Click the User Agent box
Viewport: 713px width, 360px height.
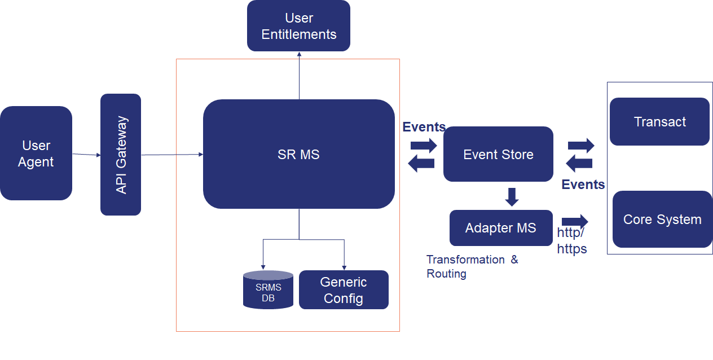point(36,153)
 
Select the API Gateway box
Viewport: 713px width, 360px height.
point(121,155)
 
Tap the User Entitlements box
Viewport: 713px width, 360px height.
point(298,26)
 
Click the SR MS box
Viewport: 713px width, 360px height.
point(298,154)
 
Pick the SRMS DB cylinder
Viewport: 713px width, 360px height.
point(268,291)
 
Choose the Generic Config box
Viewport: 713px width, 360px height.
point(344,290)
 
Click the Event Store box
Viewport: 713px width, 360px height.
point(498,154)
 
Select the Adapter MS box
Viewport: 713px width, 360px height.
point(501,228)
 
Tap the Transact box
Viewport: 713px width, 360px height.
point(659,122)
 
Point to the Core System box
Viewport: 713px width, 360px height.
point(662,219)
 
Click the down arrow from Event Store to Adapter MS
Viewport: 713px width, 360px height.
point(512,196)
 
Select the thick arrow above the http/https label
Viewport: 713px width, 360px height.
point(575,221)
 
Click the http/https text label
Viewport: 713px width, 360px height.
point(572,241)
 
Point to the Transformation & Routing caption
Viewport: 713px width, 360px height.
point(472,266)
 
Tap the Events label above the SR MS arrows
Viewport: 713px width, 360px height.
point(424,127)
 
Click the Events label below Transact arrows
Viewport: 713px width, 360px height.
point(583,185)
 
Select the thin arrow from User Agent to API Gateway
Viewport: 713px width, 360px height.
point(86,154)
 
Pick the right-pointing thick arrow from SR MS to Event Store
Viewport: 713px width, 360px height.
point(424,146)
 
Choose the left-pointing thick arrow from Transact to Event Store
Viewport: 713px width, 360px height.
point(579,164)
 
